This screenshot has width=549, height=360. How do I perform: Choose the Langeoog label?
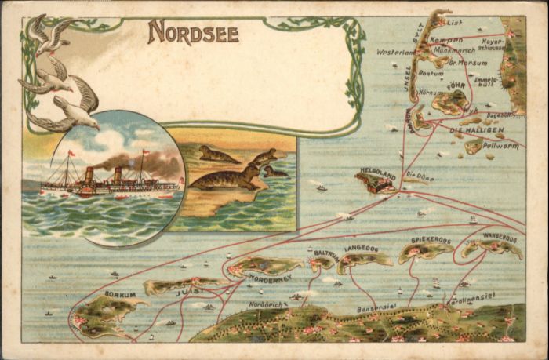(361, 249)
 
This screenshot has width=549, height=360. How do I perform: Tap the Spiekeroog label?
(431, 240)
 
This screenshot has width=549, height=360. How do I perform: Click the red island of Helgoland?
(375, 183)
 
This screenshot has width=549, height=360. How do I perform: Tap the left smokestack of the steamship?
(89, 174)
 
